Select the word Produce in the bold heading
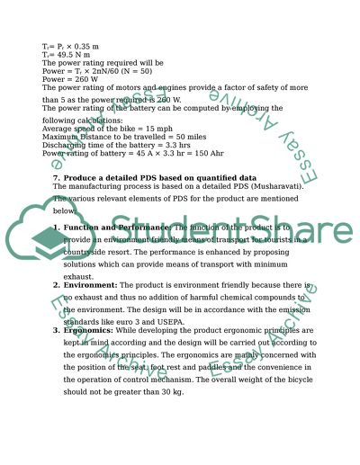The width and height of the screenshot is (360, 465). point(79,177)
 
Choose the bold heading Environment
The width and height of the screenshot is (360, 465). point(89,285)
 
